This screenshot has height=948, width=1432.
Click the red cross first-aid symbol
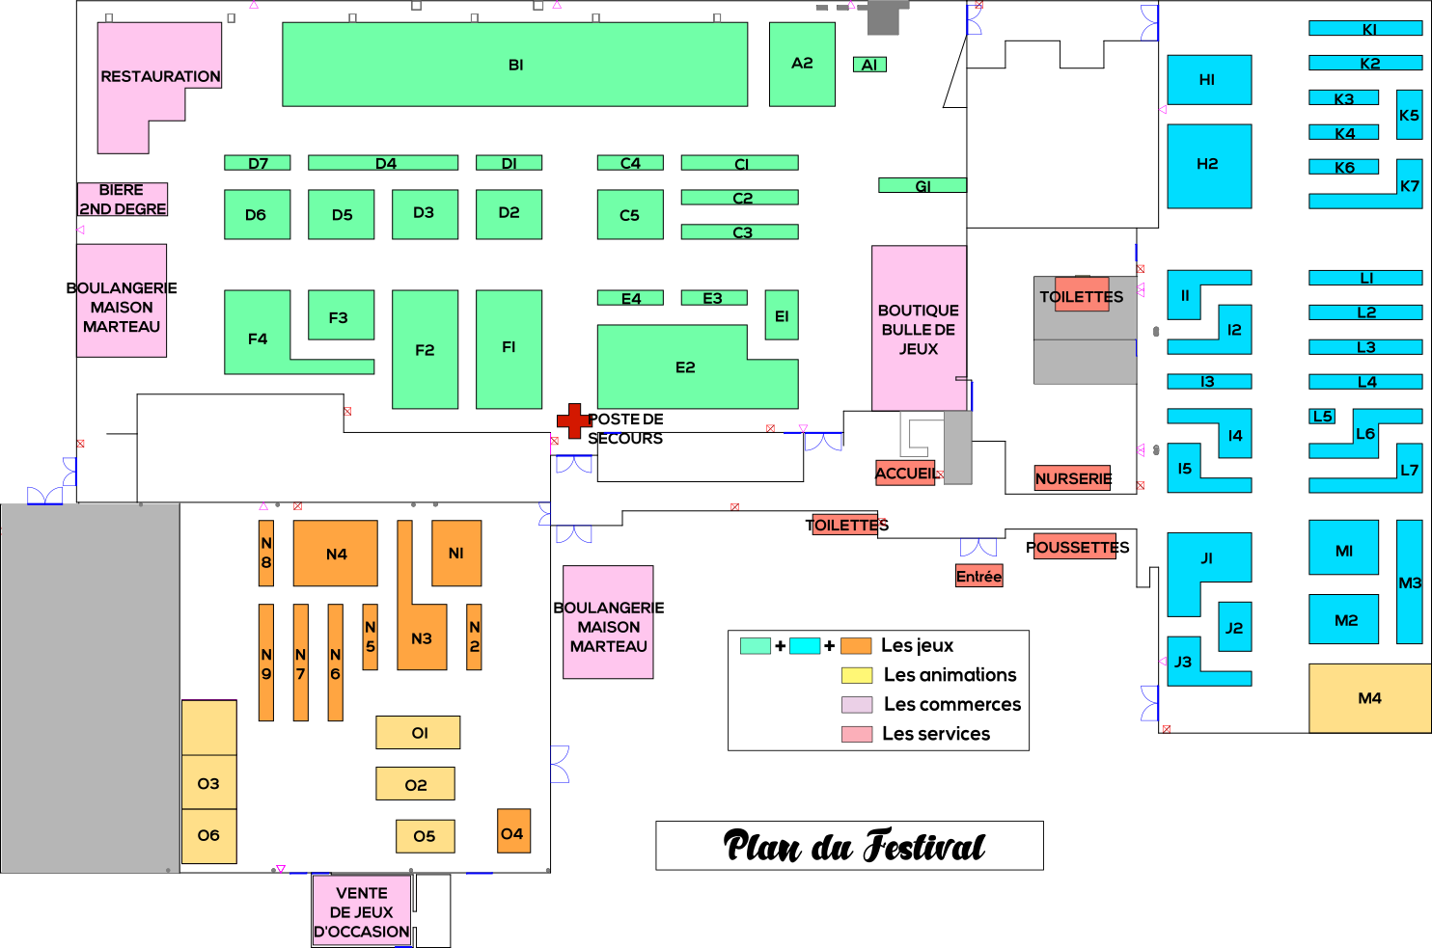point(574,420)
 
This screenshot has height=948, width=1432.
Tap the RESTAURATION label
point(160,76)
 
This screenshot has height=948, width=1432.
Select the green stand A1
point(869,65)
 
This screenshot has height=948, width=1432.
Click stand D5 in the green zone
point(342,214)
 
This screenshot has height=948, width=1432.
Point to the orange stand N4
point(336,554)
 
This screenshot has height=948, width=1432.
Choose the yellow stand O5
point(425,836)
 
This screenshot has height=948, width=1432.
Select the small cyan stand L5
point(1322,417)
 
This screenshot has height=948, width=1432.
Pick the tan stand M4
point(1369,698)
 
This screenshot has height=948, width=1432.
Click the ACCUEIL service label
point(905,474)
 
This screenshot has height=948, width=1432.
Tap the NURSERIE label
point(1072,478)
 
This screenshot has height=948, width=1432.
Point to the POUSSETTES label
point(1076,547)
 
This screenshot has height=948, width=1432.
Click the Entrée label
point(978,577)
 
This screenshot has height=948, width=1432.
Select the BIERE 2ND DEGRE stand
point(123,200)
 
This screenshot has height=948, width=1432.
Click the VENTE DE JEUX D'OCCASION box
point(362,912)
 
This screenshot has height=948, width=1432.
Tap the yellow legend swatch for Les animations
point(856,675)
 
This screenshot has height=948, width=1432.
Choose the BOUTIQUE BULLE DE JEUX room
point(919,329)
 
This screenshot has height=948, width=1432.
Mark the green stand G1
point(922,185)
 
